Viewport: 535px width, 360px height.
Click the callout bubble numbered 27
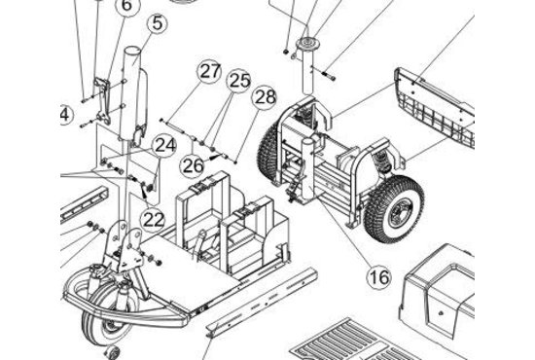pyautogui.click(x=209, y=72)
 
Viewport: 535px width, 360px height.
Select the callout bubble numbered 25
pyautogui.click(x=239, y=81)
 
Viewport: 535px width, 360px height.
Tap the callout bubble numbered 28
pyautogui.click(x=265, y=97)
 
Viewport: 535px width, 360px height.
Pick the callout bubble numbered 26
pyautogui.click(x=193, y=165)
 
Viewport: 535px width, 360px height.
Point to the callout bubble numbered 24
pyautogui.click(x=164, y=145)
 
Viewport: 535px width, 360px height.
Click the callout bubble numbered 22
pyautogui.click(x=153, y=220)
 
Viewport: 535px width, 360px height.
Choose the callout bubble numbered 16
pyautogui.click(x=378, y=277)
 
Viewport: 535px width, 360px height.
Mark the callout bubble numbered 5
pyautogui.click(x=157, y=23)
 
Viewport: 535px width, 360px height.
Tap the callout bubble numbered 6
pyautogui.click(x=126, y=6)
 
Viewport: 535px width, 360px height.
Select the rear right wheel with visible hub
pyautogui.click(x=394, y=209)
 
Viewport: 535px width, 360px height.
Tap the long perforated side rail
pyautogui.click(x=262, y=303)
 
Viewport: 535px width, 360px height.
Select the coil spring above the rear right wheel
pyautogui.click(x=383, y=162)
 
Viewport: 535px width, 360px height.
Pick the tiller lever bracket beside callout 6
pyautogui.click(x=103, y=100)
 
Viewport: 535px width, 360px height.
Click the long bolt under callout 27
pyautogui.click(x=173, y=126)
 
